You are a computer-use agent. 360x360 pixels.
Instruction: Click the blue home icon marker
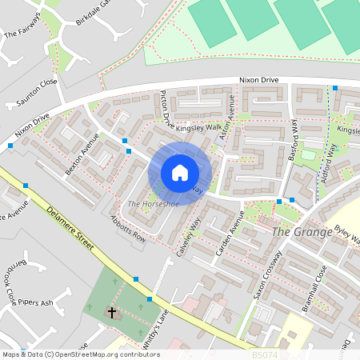[x=180, y=173]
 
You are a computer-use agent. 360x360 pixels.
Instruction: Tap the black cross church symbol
[x=112, y=314]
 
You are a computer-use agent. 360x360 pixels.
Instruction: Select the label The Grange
[x=302, y=232]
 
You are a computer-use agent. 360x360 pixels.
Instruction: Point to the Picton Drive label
[x=166, y=110]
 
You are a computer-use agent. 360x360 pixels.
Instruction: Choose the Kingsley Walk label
[x=199, y=127]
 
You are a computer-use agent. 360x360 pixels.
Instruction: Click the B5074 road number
[x=265, y=354]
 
